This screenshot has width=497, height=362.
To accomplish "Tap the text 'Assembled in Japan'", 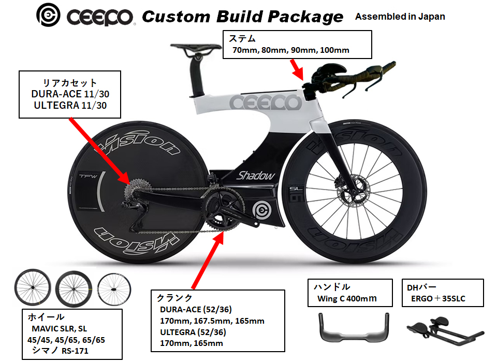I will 400,17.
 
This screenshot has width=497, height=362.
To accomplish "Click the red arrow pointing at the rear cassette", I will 98,150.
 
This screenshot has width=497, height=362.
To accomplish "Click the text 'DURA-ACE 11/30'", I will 70,95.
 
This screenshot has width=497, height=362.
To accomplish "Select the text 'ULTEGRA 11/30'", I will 69,107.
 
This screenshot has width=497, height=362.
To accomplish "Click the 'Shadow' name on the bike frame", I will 256,176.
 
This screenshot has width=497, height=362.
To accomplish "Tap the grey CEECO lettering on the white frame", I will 265,103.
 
